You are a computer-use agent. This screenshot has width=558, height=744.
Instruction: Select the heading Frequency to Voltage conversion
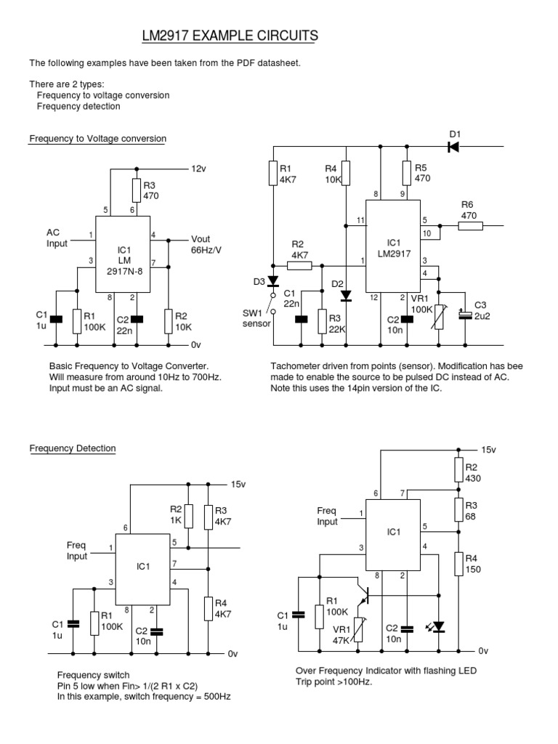tap(97, 139)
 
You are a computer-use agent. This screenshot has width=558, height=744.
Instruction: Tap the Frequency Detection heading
tap(72, 448)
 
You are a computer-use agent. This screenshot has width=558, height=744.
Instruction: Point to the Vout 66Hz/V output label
tap(206, 245)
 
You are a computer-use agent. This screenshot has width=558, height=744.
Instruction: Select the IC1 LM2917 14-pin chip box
tap(393, 248)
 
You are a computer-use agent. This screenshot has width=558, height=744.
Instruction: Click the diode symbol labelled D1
tap(453, 147)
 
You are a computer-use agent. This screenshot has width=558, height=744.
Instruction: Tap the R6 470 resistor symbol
tap(470, 226)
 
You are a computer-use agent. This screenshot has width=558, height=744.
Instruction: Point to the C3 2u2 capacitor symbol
tap(462, 314)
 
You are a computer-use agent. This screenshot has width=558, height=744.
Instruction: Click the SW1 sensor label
tap(255, 318)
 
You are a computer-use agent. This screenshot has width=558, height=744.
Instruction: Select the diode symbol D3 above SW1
tap(272, 281)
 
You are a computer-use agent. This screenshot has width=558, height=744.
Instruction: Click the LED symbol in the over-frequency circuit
tap(438, 626)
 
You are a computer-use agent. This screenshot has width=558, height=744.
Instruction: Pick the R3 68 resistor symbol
tap(458, 511)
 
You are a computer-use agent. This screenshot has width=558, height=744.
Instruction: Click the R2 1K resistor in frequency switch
tap(188, 516)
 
